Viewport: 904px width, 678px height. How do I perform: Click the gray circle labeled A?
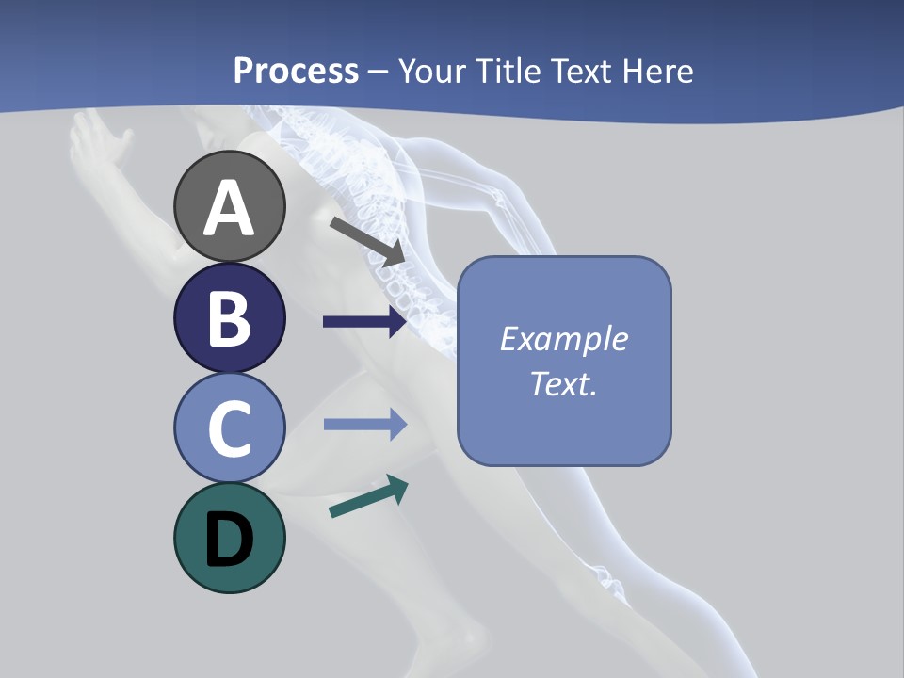point(230,206)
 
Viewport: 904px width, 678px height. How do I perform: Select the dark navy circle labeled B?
point(230,317)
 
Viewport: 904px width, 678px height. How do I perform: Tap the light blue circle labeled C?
point(230,428)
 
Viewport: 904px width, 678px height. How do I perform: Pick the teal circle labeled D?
point(230,539)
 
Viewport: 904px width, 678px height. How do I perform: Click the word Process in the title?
point(296,71)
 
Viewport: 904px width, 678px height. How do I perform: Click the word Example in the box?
point(563,339)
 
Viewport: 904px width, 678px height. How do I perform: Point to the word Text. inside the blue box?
point(563,383)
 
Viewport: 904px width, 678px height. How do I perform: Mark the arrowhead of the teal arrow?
point(396,488)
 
